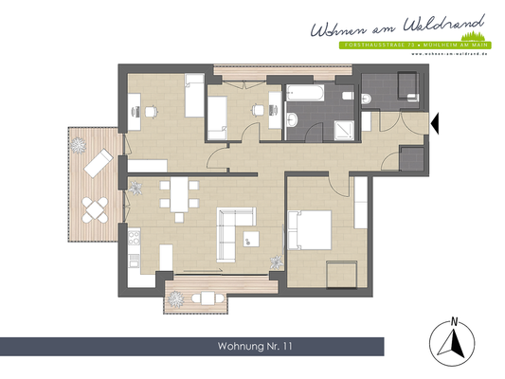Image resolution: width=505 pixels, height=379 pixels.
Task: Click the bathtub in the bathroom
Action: click(x=303, y=95)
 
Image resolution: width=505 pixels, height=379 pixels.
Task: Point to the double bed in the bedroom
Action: click(x=310, y=230)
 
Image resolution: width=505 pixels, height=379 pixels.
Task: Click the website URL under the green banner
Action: click(x=449, y=54)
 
